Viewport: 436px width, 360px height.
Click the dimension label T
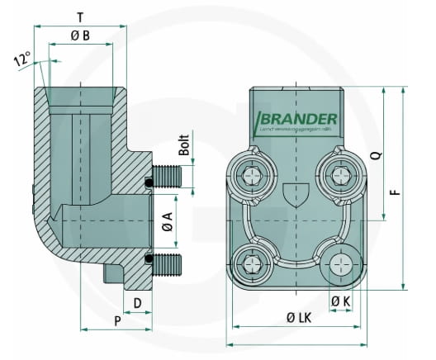pyautogui.click(x=79, y=17)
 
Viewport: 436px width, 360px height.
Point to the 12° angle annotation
pyautogui.click(x=21, y=59)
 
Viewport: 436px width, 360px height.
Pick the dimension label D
pyautogui.click(x=138, y=303)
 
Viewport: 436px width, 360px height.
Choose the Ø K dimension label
pyautogui.click(x=340, y=303)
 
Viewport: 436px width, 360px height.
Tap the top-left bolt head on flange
pyautogui.click(x=251, y=175)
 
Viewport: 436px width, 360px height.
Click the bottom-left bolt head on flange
pyautogui.click(x=251, y=264)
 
